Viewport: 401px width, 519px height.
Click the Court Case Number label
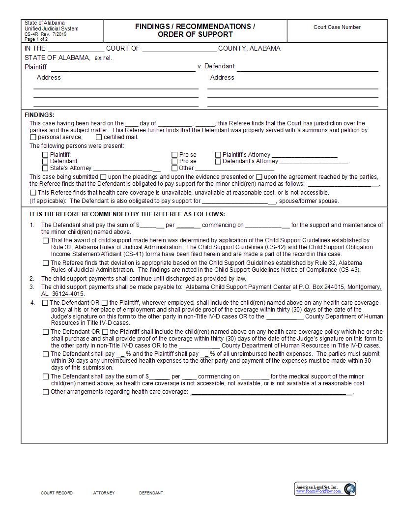coord(337,27)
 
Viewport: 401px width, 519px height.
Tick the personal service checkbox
coord(33,138)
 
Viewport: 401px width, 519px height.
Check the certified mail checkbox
coord(99,138)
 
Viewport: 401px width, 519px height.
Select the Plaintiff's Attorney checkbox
coord(218,154)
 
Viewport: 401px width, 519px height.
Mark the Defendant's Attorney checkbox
coord(218,161)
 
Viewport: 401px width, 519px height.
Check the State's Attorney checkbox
coord(45,168)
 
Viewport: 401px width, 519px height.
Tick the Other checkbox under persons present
coord(174,168)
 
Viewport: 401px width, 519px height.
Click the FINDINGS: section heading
coord(39,115)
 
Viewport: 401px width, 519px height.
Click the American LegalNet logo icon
coord(349,489)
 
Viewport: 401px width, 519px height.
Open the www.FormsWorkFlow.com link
coord(318,491)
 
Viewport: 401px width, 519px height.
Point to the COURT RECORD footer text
coord(57,493)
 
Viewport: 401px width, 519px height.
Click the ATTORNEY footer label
coord(104,493)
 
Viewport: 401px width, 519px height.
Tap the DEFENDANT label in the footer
coord(151,493)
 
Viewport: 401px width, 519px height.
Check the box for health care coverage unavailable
coord(33,193)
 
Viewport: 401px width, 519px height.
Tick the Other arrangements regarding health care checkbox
coord(46,392)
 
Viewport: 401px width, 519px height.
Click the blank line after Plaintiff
coord(123,68)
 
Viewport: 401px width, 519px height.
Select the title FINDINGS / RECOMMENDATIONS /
coord(195,27)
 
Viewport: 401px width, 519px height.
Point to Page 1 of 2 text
coord(36,39)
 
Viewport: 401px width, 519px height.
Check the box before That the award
coord(46,241)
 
